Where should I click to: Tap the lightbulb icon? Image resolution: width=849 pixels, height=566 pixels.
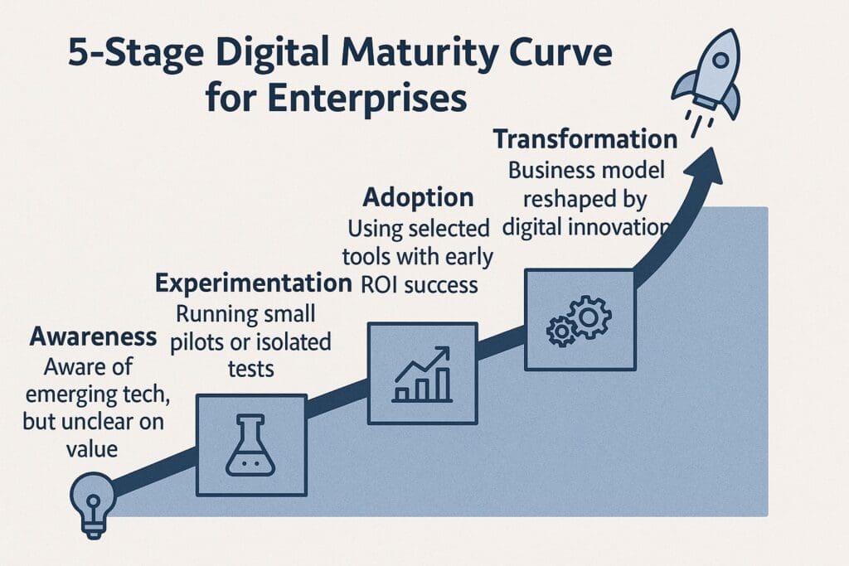point(93,505)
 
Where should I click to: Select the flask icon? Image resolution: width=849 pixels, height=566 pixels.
point(250,445)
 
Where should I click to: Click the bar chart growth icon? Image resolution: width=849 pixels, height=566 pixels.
point(422,374)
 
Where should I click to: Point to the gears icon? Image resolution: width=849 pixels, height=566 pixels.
point(579,321)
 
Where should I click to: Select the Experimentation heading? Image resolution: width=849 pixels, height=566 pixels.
point(254,283)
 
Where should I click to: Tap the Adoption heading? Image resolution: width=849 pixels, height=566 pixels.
point(418,197)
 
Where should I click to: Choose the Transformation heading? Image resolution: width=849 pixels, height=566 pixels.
point(585,139)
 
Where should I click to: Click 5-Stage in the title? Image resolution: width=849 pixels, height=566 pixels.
point(135,54)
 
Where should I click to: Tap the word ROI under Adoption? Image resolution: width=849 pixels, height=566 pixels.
point(380,284)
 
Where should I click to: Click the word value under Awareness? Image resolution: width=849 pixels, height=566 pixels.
point(91,448)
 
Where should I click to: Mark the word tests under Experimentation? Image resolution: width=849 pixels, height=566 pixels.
point(250,369)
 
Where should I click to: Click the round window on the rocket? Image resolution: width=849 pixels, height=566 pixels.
point(720,60)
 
